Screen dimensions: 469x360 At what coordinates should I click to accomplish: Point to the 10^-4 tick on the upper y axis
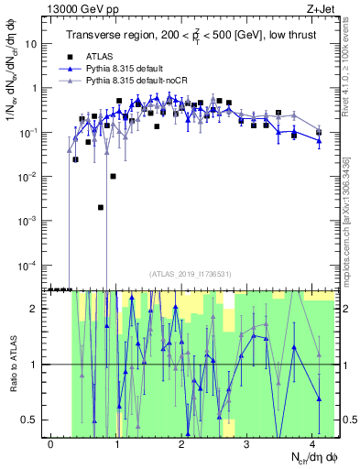29,265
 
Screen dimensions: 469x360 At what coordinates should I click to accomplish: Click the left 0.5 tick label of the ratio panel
31,420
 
